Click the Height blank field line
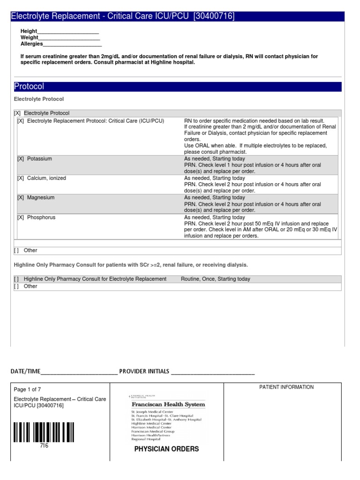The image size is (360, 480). (x=68, y=32)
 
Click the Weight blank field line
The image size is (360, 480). (x=69, y=38)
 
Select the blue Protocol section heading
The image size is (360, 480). (x=29, y=87)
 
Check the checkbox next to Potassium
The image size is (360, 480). (x=21, y=159)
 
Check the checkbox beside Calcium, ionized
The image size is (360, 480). (x=21, y=178)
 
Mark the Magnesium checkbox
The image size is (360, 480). (x=21, y=198)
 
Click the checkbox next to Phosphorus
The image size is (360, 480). (x=21, y=217)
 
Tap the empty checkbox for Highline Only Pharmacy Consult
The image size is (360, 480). (x=17, y=279)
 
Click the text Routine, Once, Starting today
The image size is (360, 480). (x=215, y=279)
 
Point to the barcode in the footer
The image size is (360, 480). (x=44, y=432)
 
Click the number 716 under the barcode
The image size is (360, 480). (x=44, y=446)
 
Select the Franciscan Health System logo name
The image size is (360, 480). (x=168, y=404)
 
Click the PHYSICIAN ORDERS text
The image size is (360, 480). (x=166, y=449)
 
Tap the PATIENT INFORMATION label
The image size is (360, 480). (x=286, y=387)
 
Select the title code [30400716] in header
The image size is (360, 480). (x=214, y=17)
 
